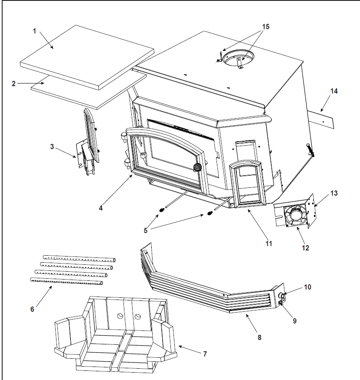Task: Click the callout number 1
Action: [x=34, y=31]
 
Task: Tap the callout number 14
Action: [x=334, y=91]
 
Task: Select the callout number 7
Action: [x=205, y=354]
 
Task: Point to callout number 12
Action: [x=306, y=248]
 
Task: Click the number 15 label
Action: [x=266, y=27]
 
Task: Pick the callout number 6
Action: [x=32, y=309]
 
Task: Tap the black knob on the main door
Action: [x=197, y=167]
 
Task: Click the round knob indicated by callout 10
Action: [x=282, y=295]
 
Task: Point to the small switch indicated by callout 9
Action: [x=280, y=303]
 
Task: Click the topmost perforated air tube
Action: [x=79, y=258]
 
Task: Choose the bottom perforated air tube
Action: [x=67, y=281]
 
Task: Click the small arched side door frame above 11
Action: [x=246, y=184]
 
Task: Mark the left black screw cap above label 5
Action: [x=161, y=210]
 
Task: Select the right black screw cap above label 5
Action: [x=210, y=213]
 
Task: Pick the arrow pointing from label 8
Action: [x=251, y=323]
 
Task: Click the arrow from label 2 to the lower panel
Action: [x=31, y=83]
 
